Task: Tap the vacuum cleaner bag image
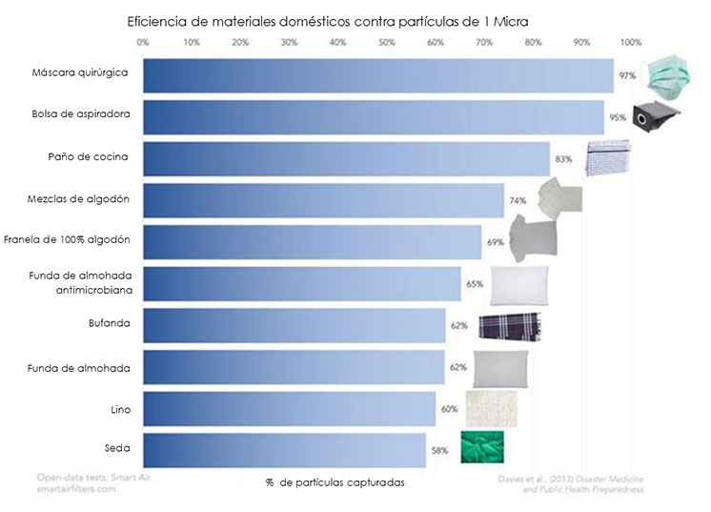(656, 117)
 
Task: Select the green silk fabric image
(482, 447)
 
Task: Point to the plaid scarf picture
(510, 326)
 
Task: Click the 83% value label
(563, 159)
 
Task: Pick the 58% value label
(439, 450)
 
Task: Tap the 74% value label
(518, 200)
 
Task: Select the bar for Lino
(290, 409)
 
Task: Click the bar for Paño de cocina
(346, 158)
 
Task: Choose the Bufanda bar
(295, 326)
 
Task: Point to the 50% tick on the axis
(387, 43)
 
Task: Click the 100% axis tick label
(631, 43)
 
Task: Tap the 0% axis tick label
(143, 43)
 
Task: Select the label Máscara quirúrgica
(80, 73)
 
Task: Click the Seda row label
(117, 448)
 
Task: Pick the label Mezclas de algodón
(78, 199)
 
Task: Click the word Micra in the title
(511, 21)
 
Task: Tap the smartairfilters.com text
(76, 489)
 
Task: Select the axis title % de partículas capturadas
(335, 482)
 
